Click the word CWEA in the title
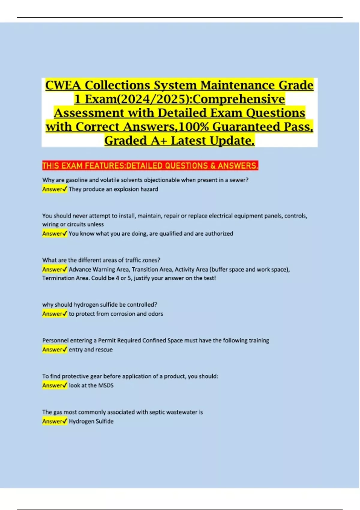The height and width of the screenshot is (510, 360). (x=63, y=85)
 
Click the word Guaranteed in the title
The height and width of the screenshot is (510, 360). (x=246, y=127)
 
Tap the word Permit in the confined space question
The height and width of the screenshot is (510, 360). (x=107, y=340)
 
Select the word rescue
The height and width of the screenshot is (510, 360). (x=104, y=350)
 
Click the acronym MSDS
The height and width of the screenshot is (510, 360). (x=106, y=385)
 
